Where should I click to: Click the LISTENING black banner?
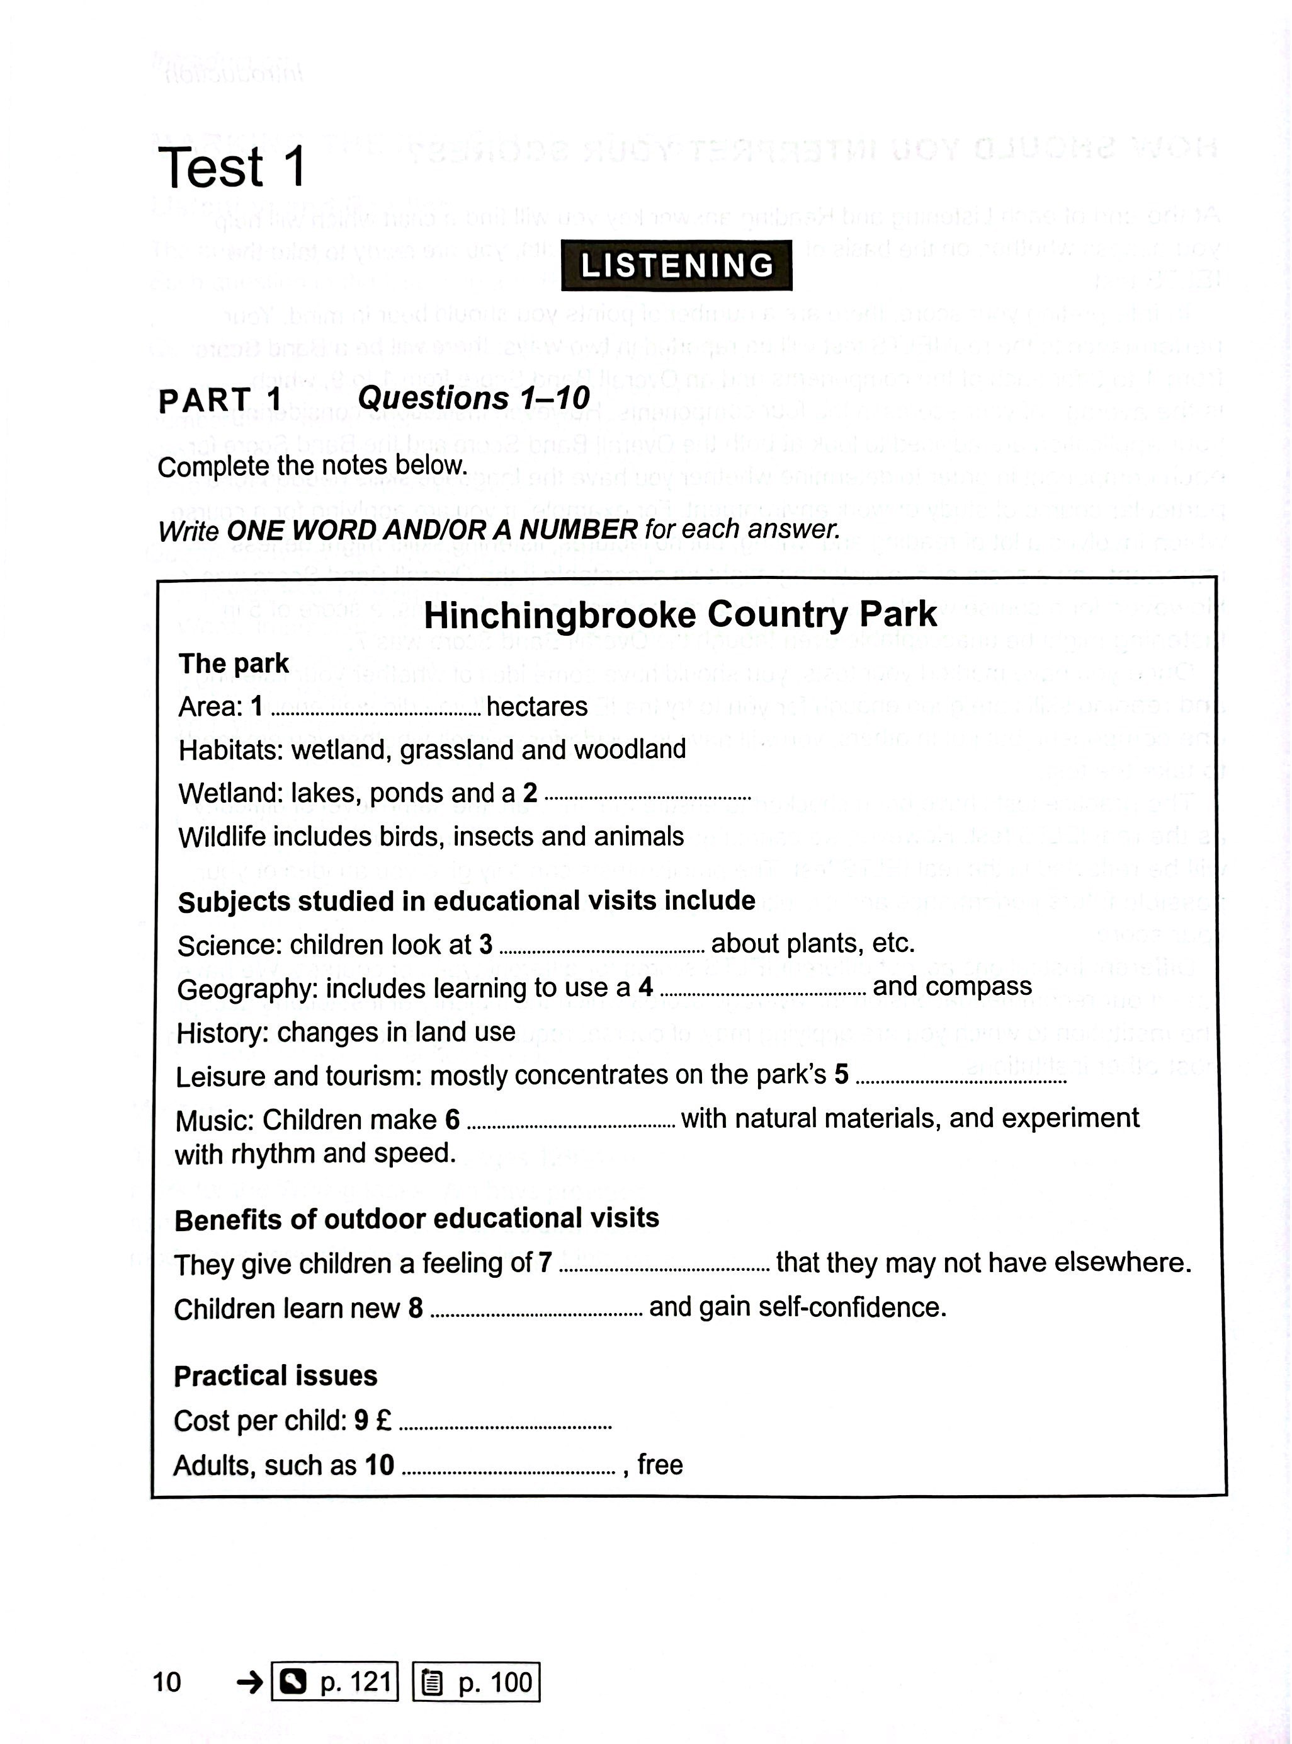[676, 265]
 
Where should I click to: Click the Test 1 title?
[232, 168]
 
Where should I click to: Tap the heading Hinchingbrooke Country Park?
[679, 614]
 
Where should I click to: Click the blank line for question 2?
[647, 796]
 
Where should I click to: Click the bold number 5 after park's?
[841, 1074]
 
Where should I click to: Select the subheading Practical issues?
[275, 1375]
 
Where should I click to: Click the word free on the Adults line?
[659, 1464]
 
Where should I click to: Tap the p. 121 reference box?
[335, 1682]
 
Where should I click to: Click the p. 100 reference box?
[476, 1682]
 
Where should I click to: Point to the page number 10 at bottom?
[167, 1682]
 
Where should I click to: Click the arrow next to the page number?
[250, 1682]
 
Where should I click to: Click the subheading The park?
[234, 663]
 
